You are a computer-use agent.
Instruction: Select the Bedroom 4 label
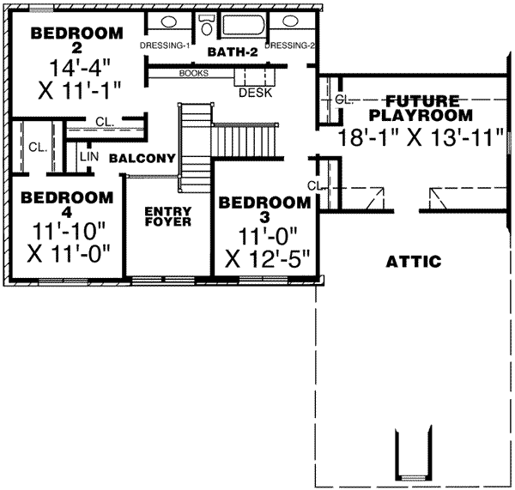[x=67, y=205]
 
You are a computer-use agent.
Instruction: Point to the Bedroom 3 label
[x=264, y=210]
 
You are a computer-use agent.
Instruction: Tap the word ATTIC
[x=414, y=260]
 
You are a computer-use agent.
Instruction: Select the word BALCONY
[x=142, y=159]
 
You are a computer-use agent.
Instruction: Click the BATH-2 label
[x=231, y=53]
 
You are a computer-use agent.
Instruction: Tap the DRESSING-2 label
[x=289, y=45]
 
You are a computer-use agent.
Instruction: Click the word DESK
[x=255, y=92]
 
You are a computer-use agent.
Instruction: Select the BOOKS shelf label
[x=194, y=73]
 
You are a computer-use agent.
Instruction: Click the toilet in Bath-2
[x=207, y=26]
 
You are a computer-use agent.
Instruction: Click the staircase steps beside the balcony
[x=246, y=138]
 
